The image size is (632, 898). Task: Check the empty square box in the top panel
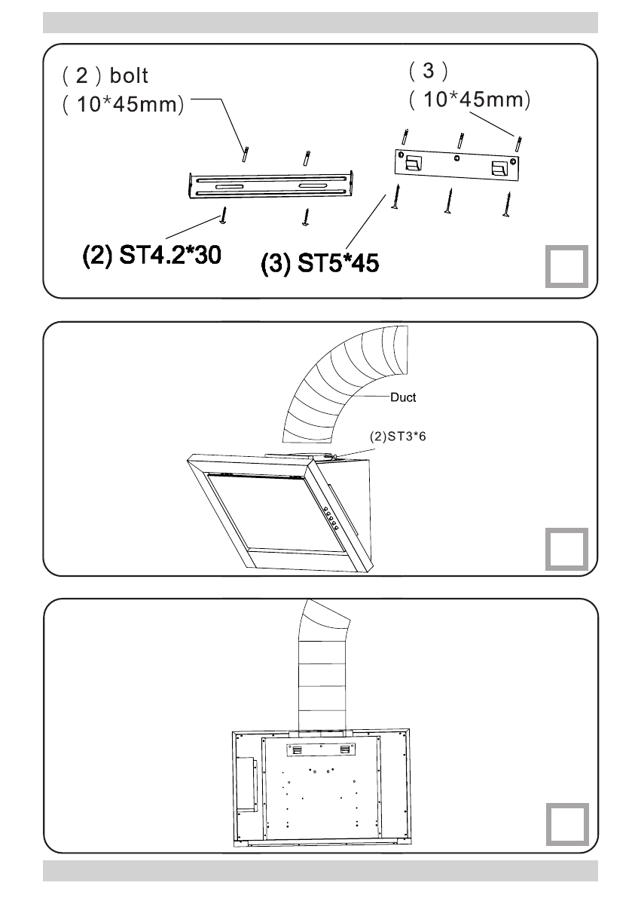coord(566,268)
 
